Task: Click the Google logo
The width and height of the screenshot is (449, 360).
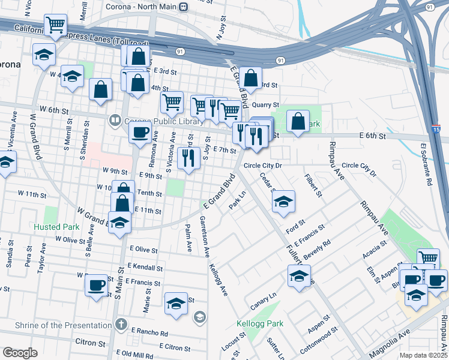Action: pyautogui.click(x=20, y=353)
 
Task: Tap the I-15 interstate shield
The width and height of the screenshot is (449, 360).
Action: pyautogui.click(x=435, y=128)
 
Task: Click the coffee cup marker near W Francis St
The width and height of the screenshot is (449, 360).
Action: pyautogui.click(x=96, y=284)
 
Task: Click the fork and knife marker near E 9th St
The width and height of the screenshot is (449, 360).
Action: pyautogui.click(x=188, y=158)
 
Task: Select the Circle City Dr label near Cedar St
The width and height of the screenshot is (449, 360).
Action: pyautogui.click(x=262, y=165)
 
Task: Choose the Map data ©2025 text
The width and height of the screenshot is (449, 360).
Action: pyautogui.click(x=424, y=355)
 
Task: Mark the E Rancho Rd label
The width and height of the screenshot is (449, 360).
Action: pyautogui.click(x=148, y=334)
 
